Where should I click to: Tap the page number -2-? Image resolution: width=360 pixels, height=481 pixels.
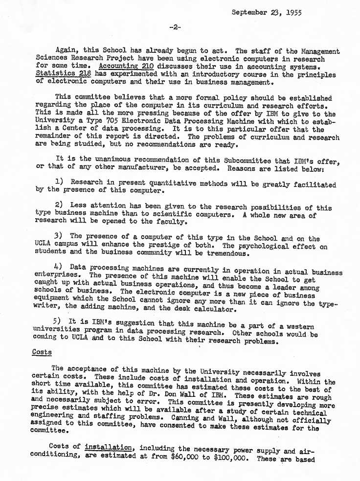point(175,27)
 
